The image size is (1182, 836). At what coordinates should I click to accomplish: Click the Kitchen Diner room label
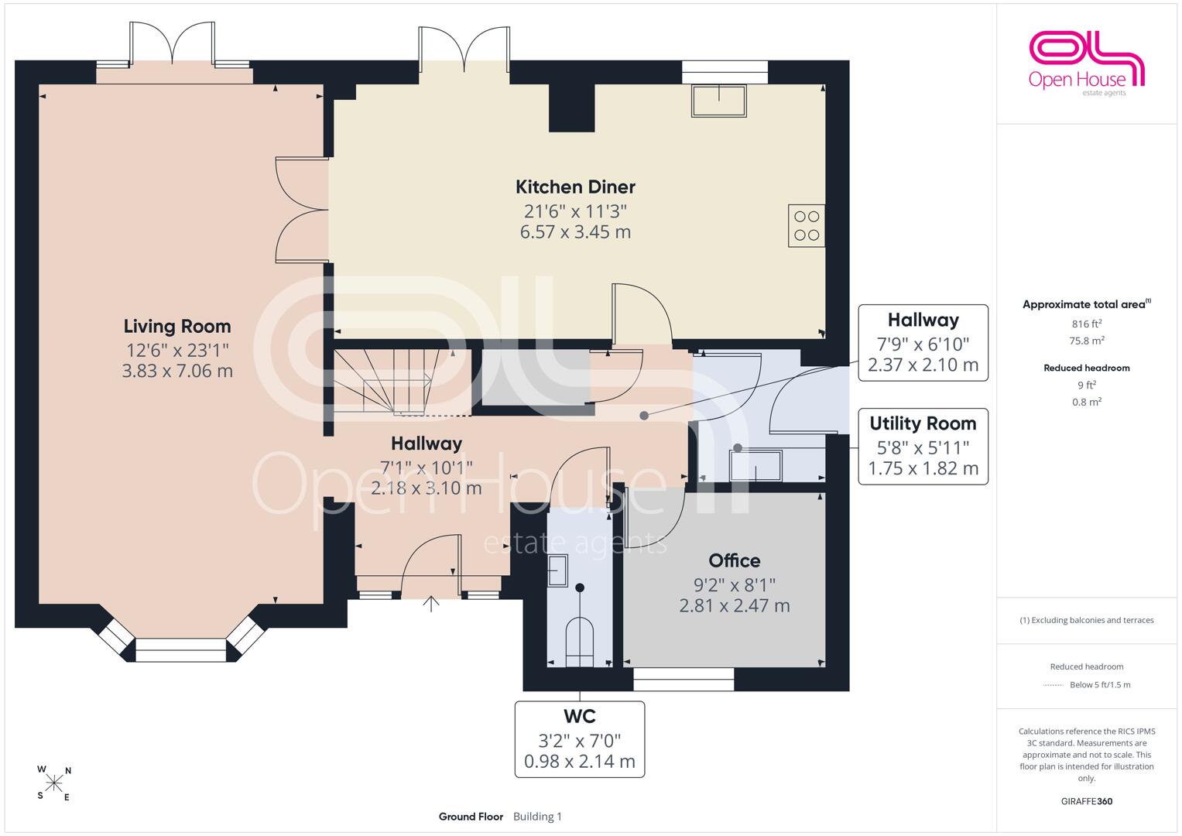tap(575, 187)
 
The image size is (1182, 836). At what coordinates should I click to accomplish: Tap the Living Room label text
tap(177, 326)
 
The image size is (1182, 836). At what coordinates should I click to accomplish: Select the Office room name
tap(735, 560)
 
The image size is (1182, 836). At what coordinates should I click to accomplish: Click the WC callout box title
tap(580, 716)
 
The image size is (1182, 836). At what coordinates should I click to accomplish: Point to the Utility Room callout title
tap(923, 423)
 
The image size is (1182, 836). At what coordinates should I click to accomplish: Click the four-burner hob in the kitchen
tap(807, 226)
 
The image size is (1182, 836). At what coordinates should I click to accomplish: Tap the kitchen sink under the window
tap(718, 101)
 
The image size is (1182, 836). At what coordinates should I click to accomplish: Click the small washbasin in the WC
tap(557, 570)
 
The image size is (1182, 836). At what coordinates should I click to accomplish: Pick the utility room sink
tap(755, 465)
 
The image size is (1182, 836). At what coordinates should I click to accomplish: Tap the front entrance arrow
tap(431, 604)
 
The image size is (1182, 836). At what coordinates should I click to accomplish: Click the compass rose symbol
tap(54, 783)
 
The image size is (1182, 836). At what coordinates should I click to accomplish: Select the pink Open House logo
tap(1086, 63)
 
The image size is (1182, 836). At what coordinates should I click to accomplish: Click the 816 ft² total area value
tap(1087, 324)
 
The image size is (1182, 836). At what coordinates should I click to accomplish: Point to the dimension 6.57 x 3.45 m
tap(575, 231)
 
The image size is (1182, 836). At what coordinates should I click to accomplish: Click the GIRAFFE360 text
tap(1087, 801)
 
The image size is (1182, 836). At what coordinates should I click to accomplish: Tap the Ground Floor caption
tap(471, 817)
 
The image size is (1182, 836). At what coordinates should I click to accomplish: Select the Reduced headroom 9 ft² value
tap(1087, 385)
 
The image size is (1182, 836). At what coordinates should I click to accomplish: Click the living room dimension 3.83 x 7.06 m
tap(177, 371)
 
